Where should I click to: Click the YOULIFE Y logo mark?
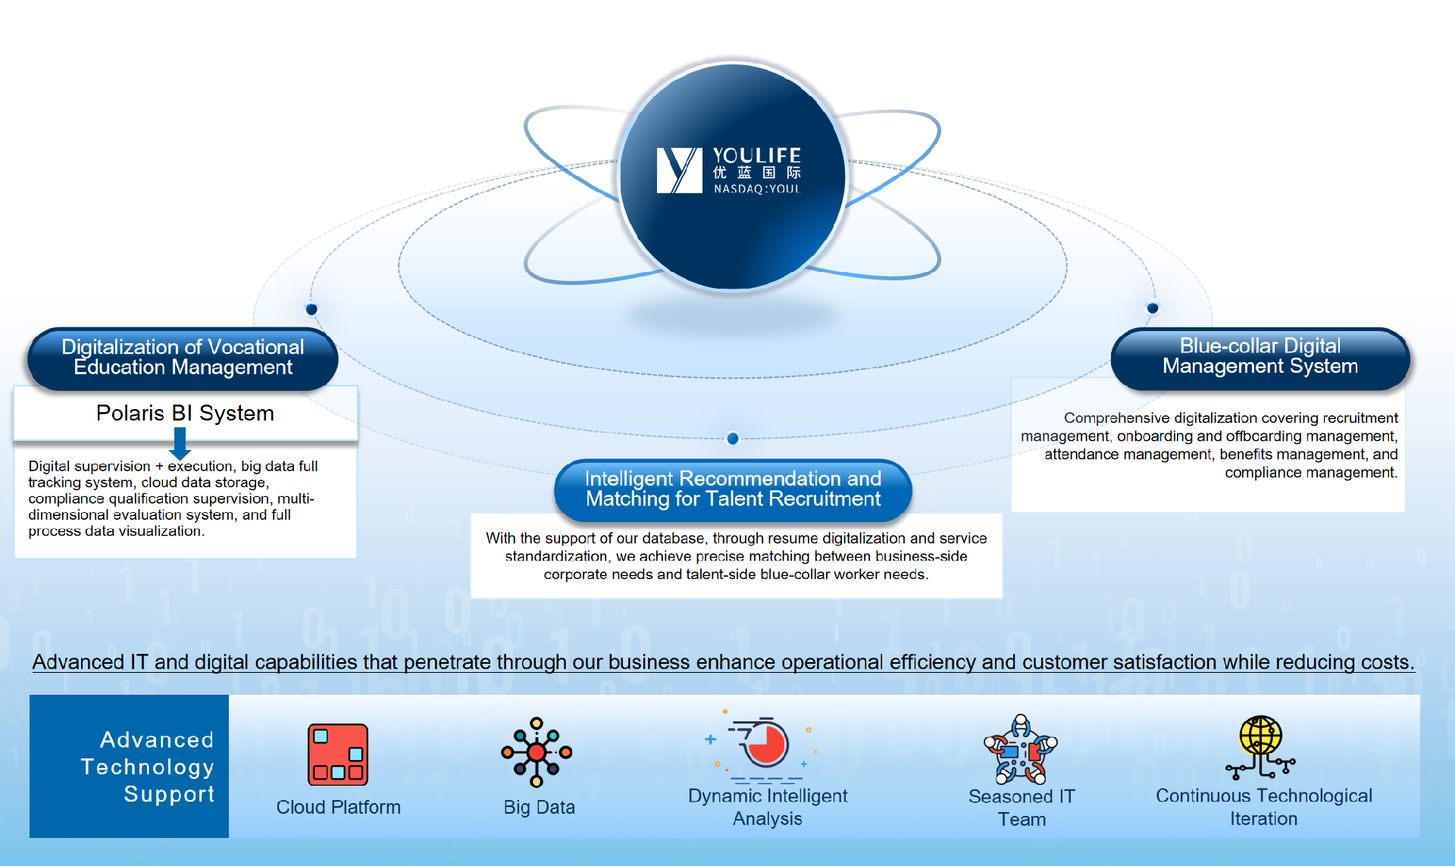click(679, 170)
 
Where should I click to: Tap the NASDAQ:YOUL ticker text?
click(756, 189)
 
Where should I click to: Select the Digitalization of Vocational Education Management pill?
click(183, 358)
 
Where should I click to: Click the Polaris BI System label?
click(185, 413)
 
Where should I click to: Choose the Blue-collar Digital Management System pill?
click(1259, 357)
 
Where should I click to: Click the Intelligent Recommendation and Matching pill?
click(733, 489)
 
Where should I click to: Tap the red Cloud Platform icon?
click(338, 754)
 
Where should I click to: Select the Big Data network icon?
click(537, 752)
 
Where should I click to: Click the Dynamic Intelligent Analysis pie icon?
click(765, 745)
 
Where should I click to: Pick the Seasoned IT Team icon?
click(1021, 750)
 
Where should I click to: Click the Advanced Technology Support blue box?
click(129, 766)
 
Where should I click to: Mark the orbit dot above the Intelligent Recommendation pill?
click(733, 439)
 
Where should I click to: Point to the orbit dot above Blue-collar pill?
click(1153, 308)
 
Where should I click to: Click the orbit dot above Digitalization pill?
click(311, 309)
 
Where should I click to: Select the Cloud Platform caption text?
click(338, 808)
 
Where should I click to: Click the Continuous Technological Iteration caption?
click(1263, 808)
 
